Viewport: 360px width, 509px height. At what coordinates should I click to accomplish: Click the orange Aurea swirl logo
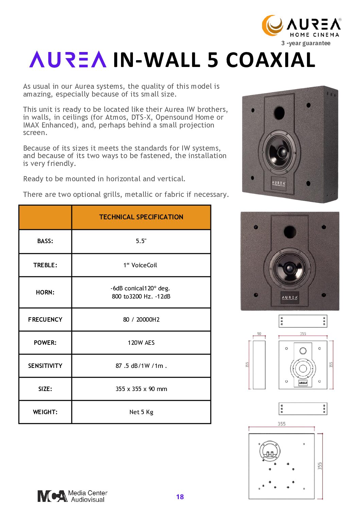point(272,25)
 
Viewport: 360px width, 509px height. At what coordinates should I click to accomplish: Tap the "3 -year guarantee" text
point(306,43)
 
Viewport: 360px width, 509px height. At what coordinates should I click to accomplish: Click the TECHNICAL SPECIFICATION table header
point(141,217)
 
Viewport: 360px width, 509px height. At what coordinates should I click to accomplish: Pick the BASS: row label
point(45,241)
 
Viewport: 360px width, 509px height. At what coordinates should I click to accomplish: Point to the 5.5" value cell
point(141,241)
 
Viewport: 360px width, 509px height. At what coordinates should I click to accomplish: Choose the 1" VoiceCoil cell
point(140,265)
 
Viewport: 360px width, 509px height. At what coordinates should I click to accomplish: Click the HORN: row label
point(45,292)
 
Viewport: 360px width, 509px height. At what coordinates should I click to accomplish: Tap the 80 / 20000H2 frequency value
point(141,320)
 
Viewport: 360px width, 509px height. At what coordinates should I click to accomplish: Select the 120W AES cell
point(141,343)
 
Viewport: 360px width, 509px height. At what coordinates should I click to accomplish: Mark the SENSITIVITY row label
point(45,366)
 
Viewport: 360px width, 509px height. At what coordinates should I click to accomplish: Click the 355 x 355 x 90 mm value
point(141,389)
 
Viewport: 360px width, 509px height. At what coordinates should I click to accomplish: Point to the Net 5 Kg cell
point(141,412)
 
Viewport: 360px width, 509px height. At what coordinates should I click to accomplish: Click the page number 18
point(180,497)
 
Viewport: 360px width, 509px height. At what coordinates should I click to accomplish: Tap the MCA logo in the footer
point(52,496)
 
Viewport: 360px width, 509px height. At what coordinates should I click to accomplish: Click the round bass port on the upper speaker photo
point(279,112)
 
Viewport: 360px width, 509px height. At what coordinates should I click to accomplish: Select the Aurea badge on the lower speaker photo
point(290,298)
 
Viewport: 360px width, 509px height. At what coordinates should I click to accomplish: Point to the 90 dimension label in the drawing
point(259,334)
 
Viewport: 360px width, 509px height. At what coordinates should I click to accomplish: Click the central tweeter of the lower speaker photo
point(290,268)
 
